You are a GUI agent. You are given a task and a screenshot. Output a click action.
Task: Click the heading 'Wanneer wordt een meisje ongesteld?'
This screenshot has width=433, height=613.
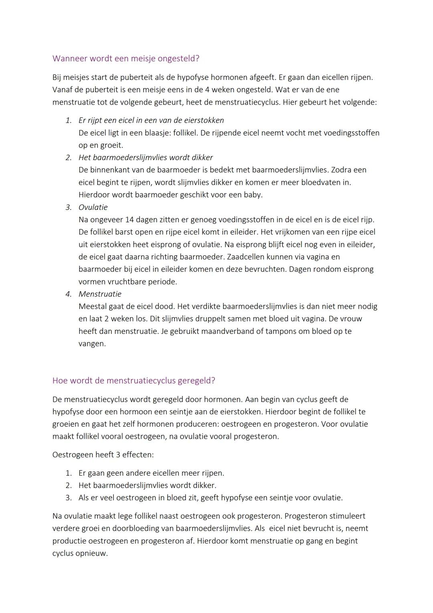(x=125, y=59)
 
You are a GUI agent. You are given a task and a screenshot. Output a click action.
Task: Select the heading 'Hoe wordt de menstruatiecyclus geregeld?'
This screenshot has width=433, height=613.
(x=134, y=381)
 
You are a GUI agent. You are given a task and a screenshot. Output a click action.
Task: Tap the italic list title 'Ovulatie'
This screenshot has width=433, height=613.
(x=93, y=207)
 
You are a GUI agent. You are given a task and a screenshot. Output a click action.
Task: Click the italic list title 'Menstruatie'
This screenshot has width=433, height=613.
(x=100, y=294)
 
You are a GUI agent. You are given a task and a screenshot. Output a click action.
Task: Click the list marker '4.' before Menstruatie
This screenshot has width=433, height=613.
(x=69, y=294)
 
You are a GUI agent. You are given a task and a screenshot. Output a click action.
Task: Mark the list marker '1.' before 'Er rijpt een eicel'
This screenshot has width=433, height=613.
(x=69, y=120)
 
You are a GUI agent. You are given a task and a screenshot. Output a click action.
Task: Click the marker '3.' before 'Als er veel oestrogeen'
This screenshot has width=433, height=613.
(x=69, y=498)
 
